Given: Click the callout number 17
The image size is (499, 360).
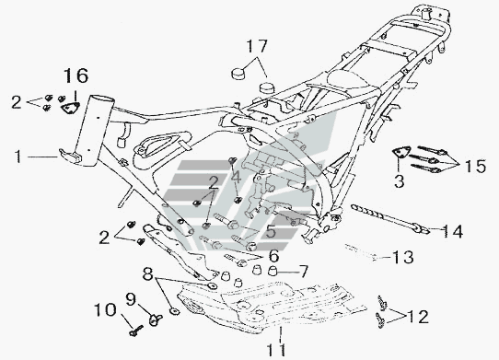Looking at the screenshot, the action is coord(257,46).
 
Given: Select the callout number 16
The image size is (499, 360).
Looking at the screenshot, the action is coord(75,75).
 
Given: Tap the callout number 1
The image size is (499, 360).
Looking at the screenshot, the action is coord(18,157).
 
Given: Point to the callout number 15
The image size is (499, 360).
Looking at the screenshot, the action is coord(475,167).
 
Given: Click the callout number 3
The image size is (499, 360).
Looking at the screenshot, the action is coord(399,180).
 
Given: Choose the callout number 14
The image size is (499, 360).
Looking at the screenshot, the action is coord(453,231).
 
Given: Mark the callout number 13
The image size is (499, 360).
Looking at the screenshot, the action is coord(403,257).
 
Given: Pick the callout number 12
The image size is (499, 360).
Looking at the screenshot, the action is coord(418,317).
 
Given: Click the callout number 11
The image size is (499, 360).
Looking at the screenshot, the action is coord(276,351).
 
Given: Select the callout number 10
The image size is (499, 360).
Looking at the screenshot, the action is coord(105,310).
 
